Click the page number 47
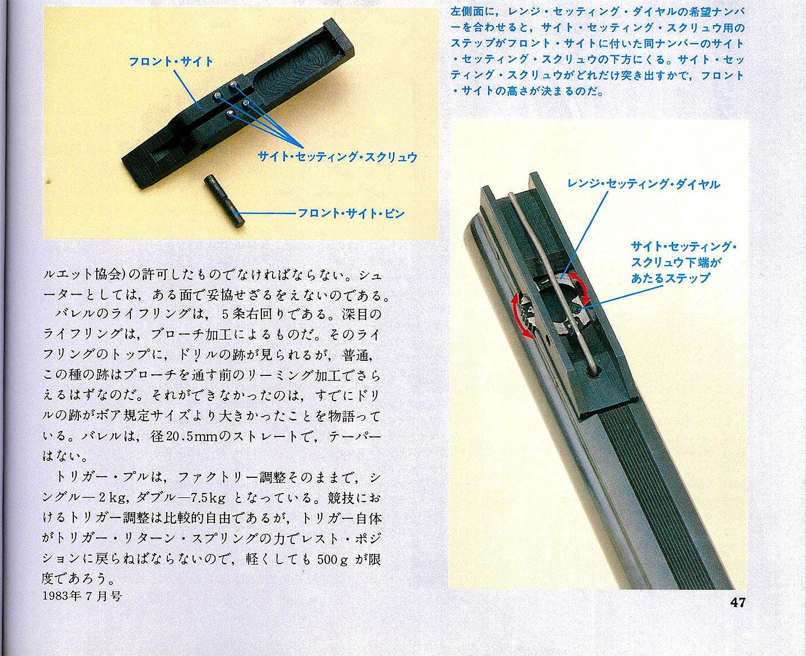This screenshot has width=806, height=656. click(738, 603)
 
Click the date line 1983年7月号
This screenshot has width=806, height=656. click(82, 596)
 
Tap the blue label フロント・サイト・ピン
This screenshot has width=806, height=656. click(352, 213)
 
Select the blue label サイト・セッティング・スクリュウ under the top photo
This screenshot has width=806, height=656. click(338, 157)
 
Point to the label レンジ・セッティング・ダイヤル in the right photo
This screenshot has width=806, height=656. click(644, 184)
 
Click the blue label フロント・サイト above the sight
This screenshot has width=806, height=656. click(171, 62)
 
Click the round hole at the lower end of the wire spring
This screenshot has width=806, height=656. click(591, 373)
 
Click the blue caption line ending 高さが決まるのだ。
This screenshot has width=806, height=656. click(527, 91)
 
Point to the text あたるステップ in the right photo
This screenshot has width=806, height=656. click(670, 278)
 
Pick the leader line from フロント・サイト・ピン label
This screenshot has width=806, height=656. click(267, 213)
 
